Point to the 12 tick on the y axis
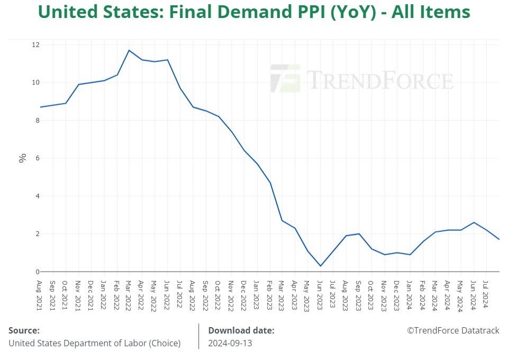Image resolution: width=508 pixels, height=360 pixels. pos(35,44)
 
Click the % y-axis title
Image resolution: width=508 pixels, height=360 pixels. pos(22,158)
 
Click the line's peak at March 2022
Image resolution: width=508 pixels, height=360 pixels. pos(129,50)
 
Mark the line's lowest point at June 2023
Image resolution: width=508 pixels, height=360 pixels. pos(320,266)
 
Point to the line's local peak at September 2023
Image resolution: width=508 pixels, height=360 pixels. pos(359,233)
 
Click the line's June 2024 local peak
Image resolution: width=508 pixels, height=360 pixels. pos(474,222)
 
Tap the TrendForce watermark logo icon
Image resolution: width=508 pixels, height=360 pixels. pos(285,79)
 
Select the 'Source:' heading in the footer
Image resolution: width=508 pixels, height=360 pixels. pos(24,330)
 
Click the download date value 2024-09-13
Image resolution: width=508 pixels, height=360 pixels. pos(230,343)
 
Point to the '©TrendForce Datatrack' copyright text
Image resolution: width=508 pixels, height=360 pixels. pos(453,330)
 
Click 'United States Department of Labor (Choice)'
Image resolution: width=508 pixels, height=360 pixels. pos(94,343)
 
